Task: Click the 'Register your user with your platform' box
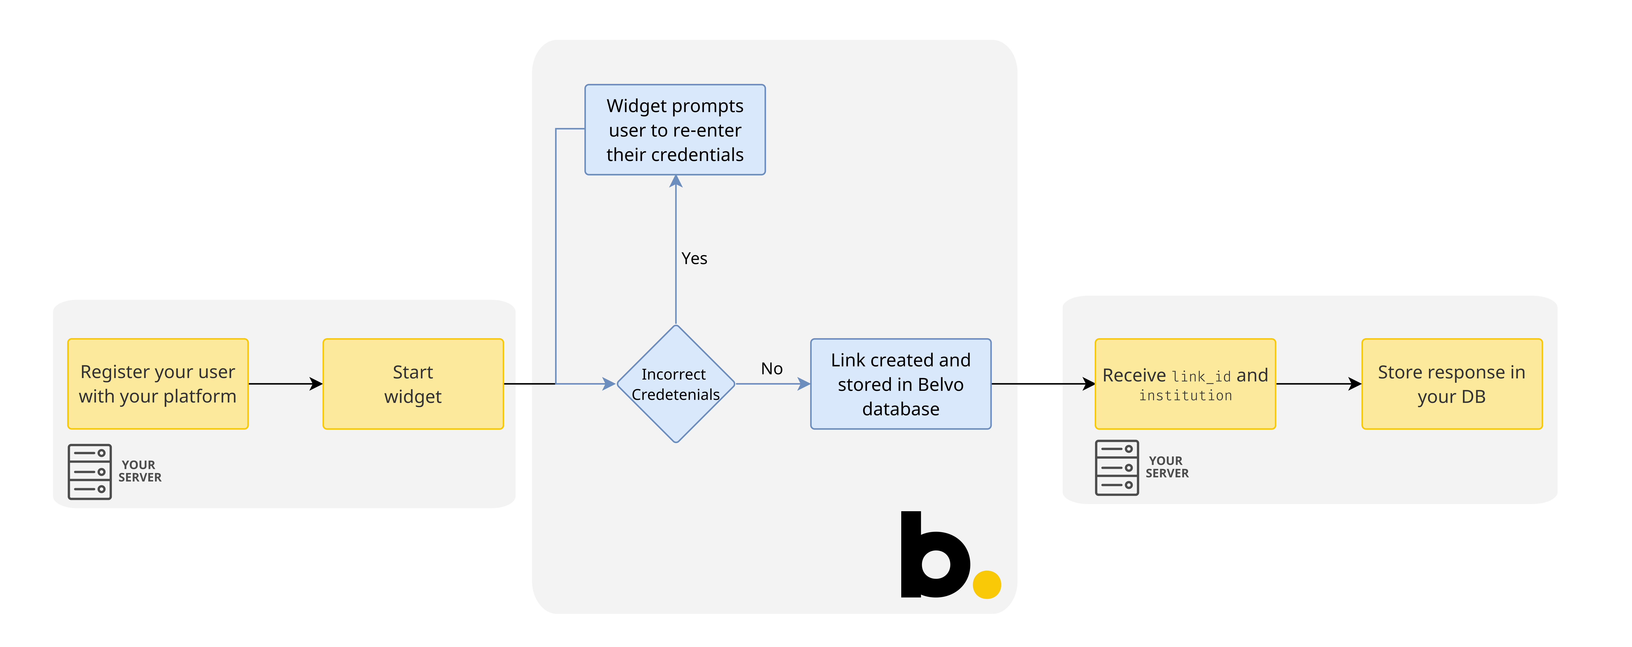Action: tap(158, 384)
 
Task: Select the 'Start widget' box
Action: tap(413, 384)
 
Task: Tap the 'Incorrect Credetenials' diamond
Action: tap(676, 384)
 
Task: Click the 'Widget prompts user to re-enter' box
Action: tap(675, 130)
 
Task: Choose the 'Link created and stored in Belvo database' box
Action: tap(900, 384)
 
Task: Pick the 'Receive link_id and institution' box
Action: tap(1185, 384)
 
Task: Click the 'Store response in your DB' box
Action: tap(1451, 384)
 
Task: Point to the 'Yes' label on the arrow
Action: tap(694, 258)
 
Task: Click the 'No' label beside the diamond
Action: tap(772, 368)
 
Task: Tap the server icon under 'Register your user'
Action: tap(90, 472)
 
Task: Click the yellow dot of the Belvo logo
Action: tap(986, 584)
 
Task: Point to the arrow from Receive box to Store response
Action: tap(1318, 384)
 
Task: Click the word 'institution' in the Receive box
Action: tap(1185, 396)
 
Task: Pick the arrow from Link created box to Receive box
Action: tap(1043, 384)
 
